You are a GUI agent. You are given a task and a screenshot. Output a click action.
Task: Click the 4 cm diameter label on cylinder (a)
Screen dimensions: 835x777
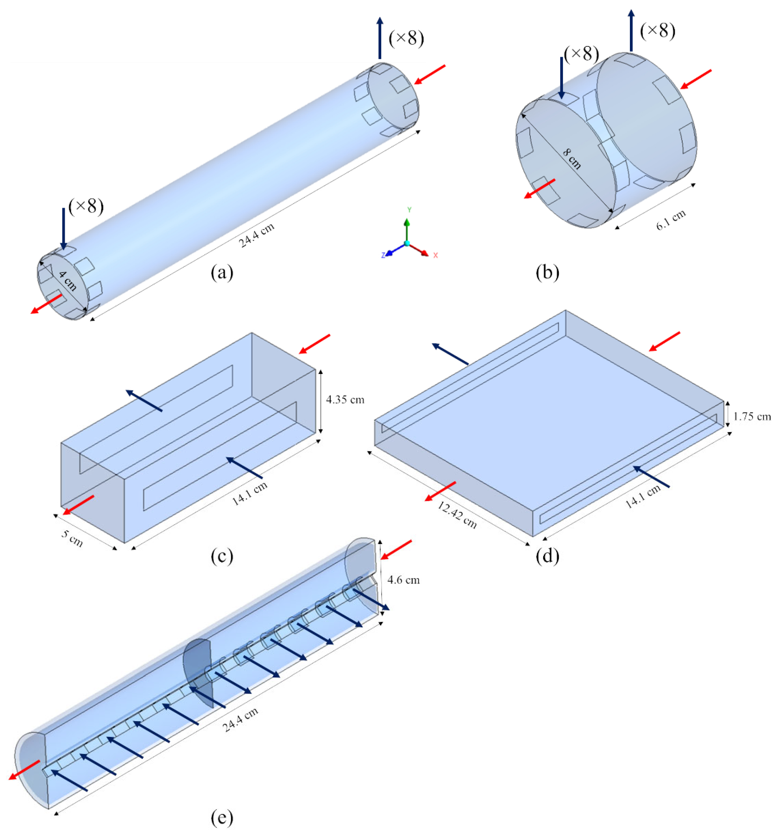[x=67, y=281]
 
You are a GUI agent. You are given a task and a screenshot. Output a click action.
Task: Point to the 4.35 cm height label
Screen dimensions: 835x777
[x=345, y=399]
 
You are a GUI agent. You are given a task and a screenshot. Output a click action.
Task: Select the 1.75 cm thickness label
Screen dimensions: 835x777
[x=752, y=416]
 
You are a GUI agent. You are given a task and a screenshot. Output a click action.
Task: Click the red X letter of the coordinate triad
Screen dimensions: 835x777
[x=436, y=255]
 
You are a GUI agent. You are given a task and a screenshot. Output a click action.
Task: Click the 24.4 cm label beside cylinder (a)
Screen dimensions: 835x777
[x=257, y=235]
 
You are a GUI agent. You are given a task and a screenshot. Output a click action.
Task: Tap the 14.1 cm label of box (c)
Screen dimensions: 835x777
[x=249, y=494]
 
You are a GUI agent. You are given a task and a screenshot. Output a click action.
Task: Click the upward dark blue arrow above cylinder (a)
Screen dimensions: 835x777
[x=380, y=38]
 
